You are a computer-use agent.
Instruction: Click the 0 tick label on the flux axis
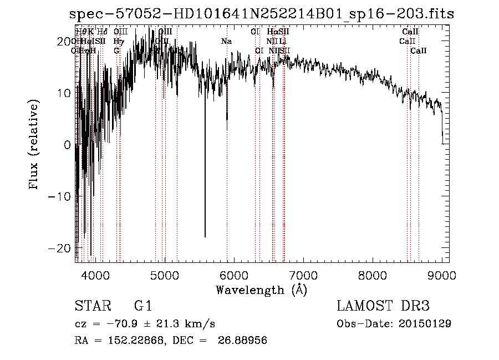[x=67, y=145]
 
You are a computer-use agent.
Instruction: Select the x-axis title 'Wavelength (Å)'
[x=261, y=290]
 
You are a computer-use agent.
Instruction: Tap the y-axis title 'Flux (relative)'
[x=34, y=145]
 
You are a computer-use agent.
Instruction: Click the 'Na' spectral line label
[x=226, y=41]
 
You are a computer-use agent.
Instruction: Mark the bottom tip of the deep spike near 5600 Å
[x=205, y=237]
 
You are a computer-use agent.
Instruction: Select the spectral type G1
[x=142, y=306]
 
